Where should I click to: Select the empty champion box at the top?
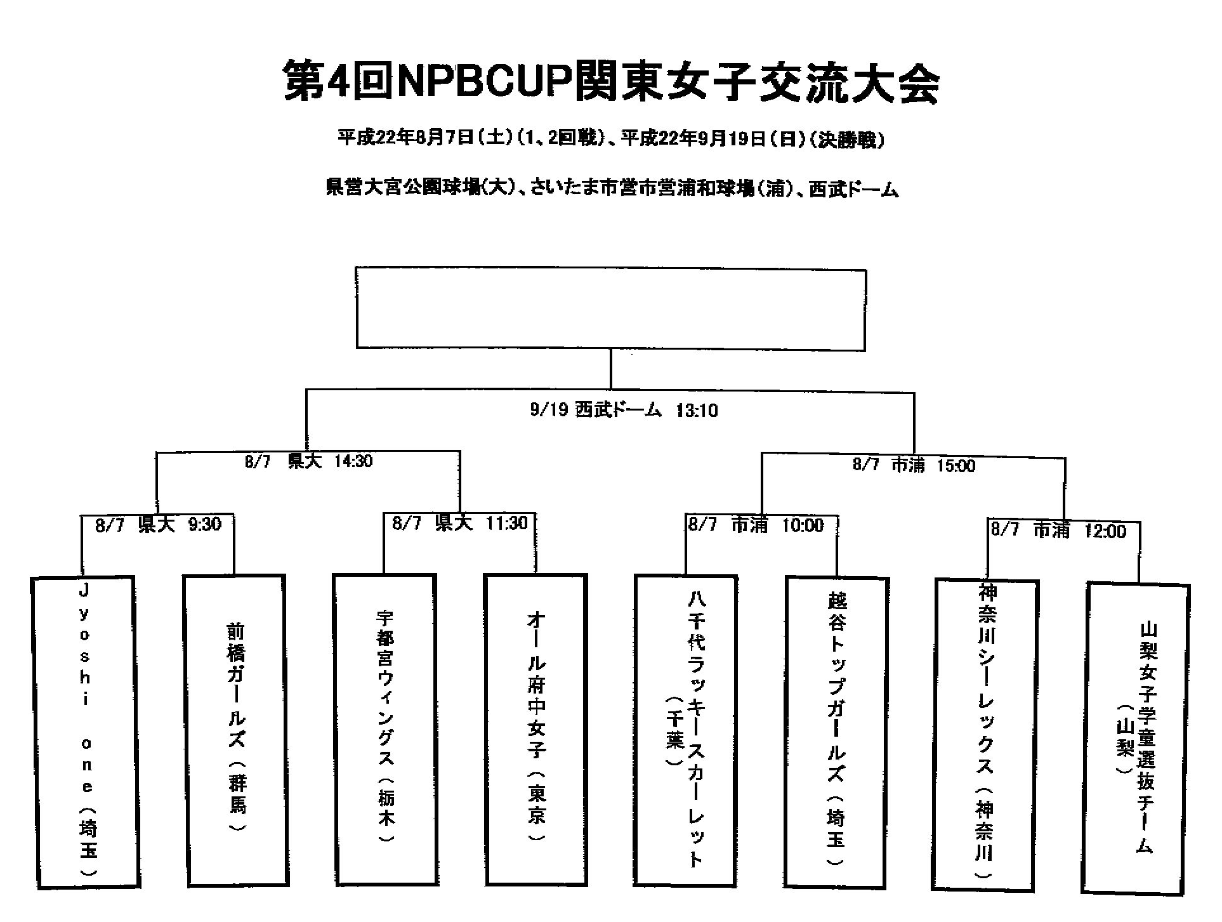click(x=610, y=308)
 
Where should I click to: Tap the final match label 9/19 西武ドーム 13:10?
click(x=624, y=411)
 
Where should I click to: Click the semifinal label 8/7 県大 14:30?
click(x=308, y=461)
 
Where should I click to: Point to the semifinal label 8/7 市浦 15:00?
click(x=914, y=465)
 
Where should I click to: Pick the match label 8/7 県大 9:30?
click(x=158, y=525)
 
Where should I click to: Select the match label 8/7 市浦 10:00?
click(x=756, y=525)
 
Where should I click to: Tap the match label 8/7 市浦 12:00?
click(x=1058, y=530)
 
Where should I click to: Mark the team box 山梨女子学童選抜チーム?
click(x=1136, y=739)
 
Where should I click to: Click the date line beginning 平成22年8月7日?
click(x=610, y=139)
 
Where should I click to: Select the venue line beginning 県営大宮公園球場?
click(x=612, y=188)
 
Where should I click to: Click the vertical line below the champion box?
click(x=610, y=368)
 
